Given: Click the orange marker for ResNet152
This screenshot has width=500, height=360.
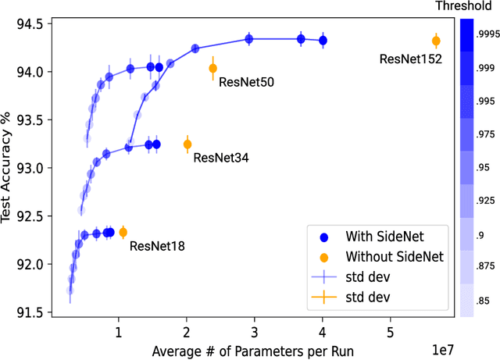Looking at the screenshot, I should point(436,41).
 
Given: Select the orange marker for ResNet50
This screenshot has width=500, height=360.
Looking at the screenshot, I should point(212,69).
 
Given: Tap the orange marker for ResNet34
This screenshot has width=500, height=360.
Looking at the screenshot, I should point(187,144).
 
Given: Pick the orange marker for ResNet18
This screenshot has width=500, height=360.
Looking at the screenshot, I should point(123,232).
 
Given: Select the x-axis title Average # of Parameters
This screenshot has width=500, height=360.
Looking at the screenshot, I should point(253,350).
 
